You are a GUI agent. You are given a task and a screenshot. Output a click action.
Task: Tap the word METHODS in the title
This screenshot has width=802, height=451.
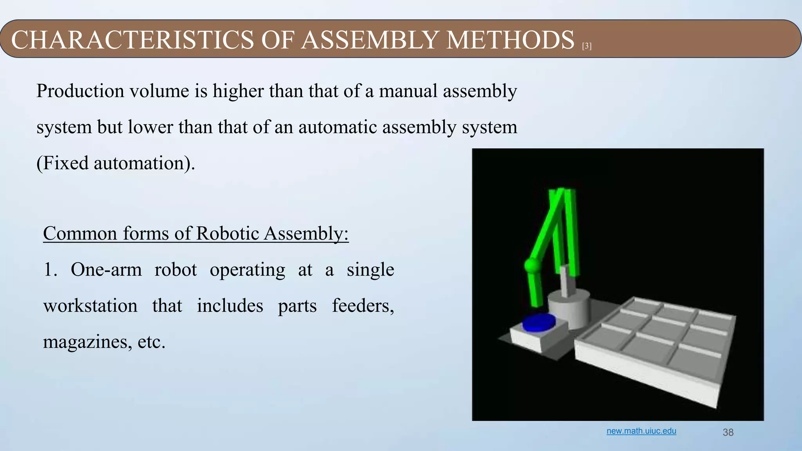pyautogui.click(x=510, y=40)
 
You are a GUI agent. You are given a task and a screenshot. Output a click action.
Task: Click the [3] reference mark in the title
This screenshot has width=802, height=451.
pyautogui.click(x=587, y=46)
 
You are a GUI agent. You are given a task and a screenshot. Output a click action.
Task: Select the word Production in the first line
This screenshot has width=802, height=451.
pyautogui.click(x=79, y=91)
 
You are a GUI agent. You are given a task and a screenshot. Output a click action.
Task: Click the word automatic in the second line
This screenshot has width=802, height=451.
pyautogui.click(x=337, y=127)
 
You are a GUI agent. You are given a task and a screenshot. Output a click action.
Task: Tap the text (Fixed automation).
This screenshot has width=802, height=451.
pyautogui.click(x=116, y=163)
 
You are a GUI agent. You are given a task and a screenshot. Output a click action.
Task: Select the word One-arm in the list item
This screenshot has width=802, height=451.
pyautogui.click(x=106, y=270)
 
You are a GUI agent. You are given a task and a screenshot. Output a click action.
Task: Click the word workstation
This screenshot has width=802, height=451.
pyautogui.click(x=90, y=306)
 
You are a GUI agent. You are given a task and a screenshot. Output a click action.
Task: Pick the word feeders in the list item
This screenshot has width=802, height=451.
pyautogui.click(x=363, y=306)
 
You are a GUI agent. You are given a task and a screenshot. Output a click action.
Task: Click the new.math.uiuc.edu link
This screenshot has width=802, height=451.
pyautogui.click(x=641, y=431)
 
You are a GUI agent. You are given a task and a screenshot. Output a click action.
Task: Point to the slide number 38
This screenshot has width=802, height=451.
pyautogui.click(x=728, y=432)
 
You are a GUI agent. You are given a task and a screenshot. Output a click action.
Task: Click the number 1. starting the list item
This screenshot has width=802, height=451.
pyautogui.click(x=50, y=270)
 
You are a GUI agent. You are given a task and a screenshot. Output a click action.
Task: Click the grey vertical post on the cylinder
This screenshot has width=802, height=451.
pyautogui.click(x=566, y=281)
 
